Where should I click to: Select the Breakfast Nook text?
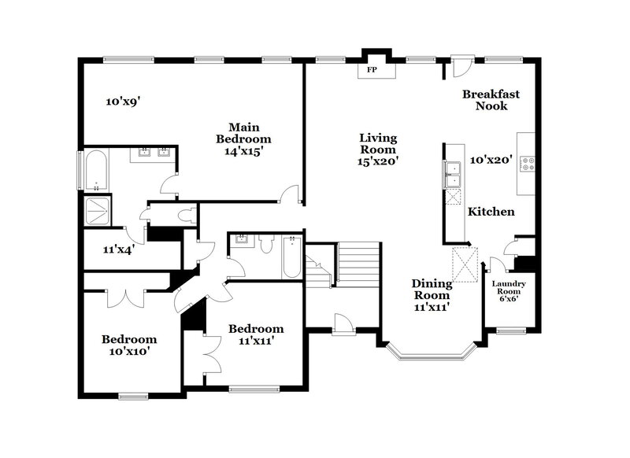click(x=491, y=99)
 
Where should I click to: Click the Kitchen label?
click(x=491, y=212)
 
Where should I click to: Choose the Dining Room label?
click(x=432, y=290)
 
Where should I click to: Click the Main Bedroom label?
click(x=244, y=139)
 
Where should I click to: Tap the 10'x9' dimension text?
click(x=123, y=101)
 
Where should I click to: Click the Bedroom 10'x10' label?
click(x=128, y=345)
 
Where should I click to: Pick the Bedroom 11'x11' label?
click(x=255, y=334)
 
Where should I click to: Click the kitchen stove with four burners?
click(x=528, y=165)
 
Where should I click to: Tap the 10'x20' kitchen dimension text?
click(x=491, y=160)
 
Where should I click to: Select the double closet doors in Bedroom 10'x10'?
click(x=124, y=299)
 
